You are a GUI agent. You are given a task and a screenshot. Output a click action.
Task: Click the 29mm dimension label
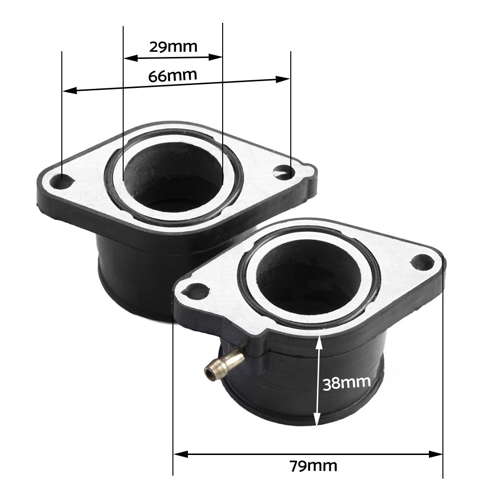coord(173,47)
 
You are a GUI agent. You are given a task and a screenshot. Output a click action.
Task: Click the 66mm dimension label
coord(172,76)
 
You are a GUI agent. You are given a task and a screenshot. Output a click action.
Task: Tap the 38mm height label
coord(347,383)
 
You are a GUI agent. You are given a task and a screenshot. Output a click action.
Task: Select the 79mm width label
coord(313,466)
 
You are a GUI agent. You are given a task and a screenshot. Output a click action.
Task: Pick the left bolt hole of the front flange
coord(197,291)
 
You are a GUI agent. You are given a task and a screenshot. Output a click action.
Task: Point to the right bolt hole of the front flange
coord(422,262)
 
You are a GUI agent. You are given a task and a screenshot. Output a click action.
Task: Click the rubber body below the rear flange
coord(130,280)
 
